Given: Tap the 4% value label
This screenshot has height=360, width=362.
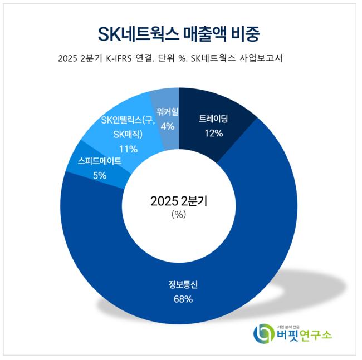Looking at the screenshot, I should [167, 126].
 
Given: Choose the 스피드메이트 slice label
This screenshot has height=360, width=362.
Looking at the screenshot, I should [100, 161].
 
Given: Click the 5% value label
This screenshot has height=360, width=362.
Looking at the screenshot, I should [100, 175].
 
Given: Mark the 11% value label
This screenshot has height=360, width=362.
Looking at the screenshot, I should [129, 149].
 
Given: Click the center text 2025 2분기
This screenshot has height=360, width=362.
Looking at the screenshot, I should [178, 201].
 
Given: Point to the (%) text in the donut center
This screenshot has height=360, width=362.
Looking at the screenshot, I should [179, 214].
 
